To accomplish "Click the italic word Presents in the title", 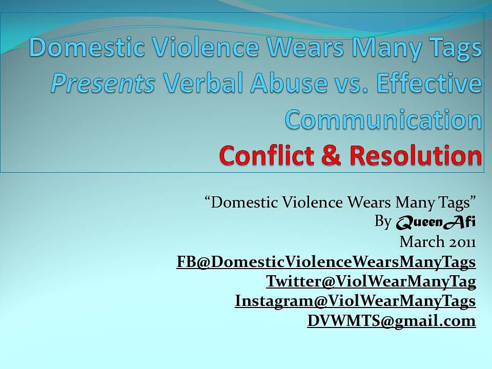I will [x=102, y=83].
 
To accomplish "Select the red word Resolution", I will [x=416, y=154].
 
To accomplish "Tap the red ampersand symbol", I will [x=332, y=154].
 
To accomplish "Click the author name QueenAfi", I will [x=436, y=222].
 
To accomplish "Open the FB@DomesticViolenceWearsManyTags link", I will [x=326, y=262].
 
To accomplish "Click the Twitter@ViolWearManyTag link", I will [x=371, y=281].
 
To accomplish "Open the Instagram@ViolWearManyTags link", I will [x=355, y=301].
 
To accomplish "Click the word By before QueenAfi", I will [x=383, y=221].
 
